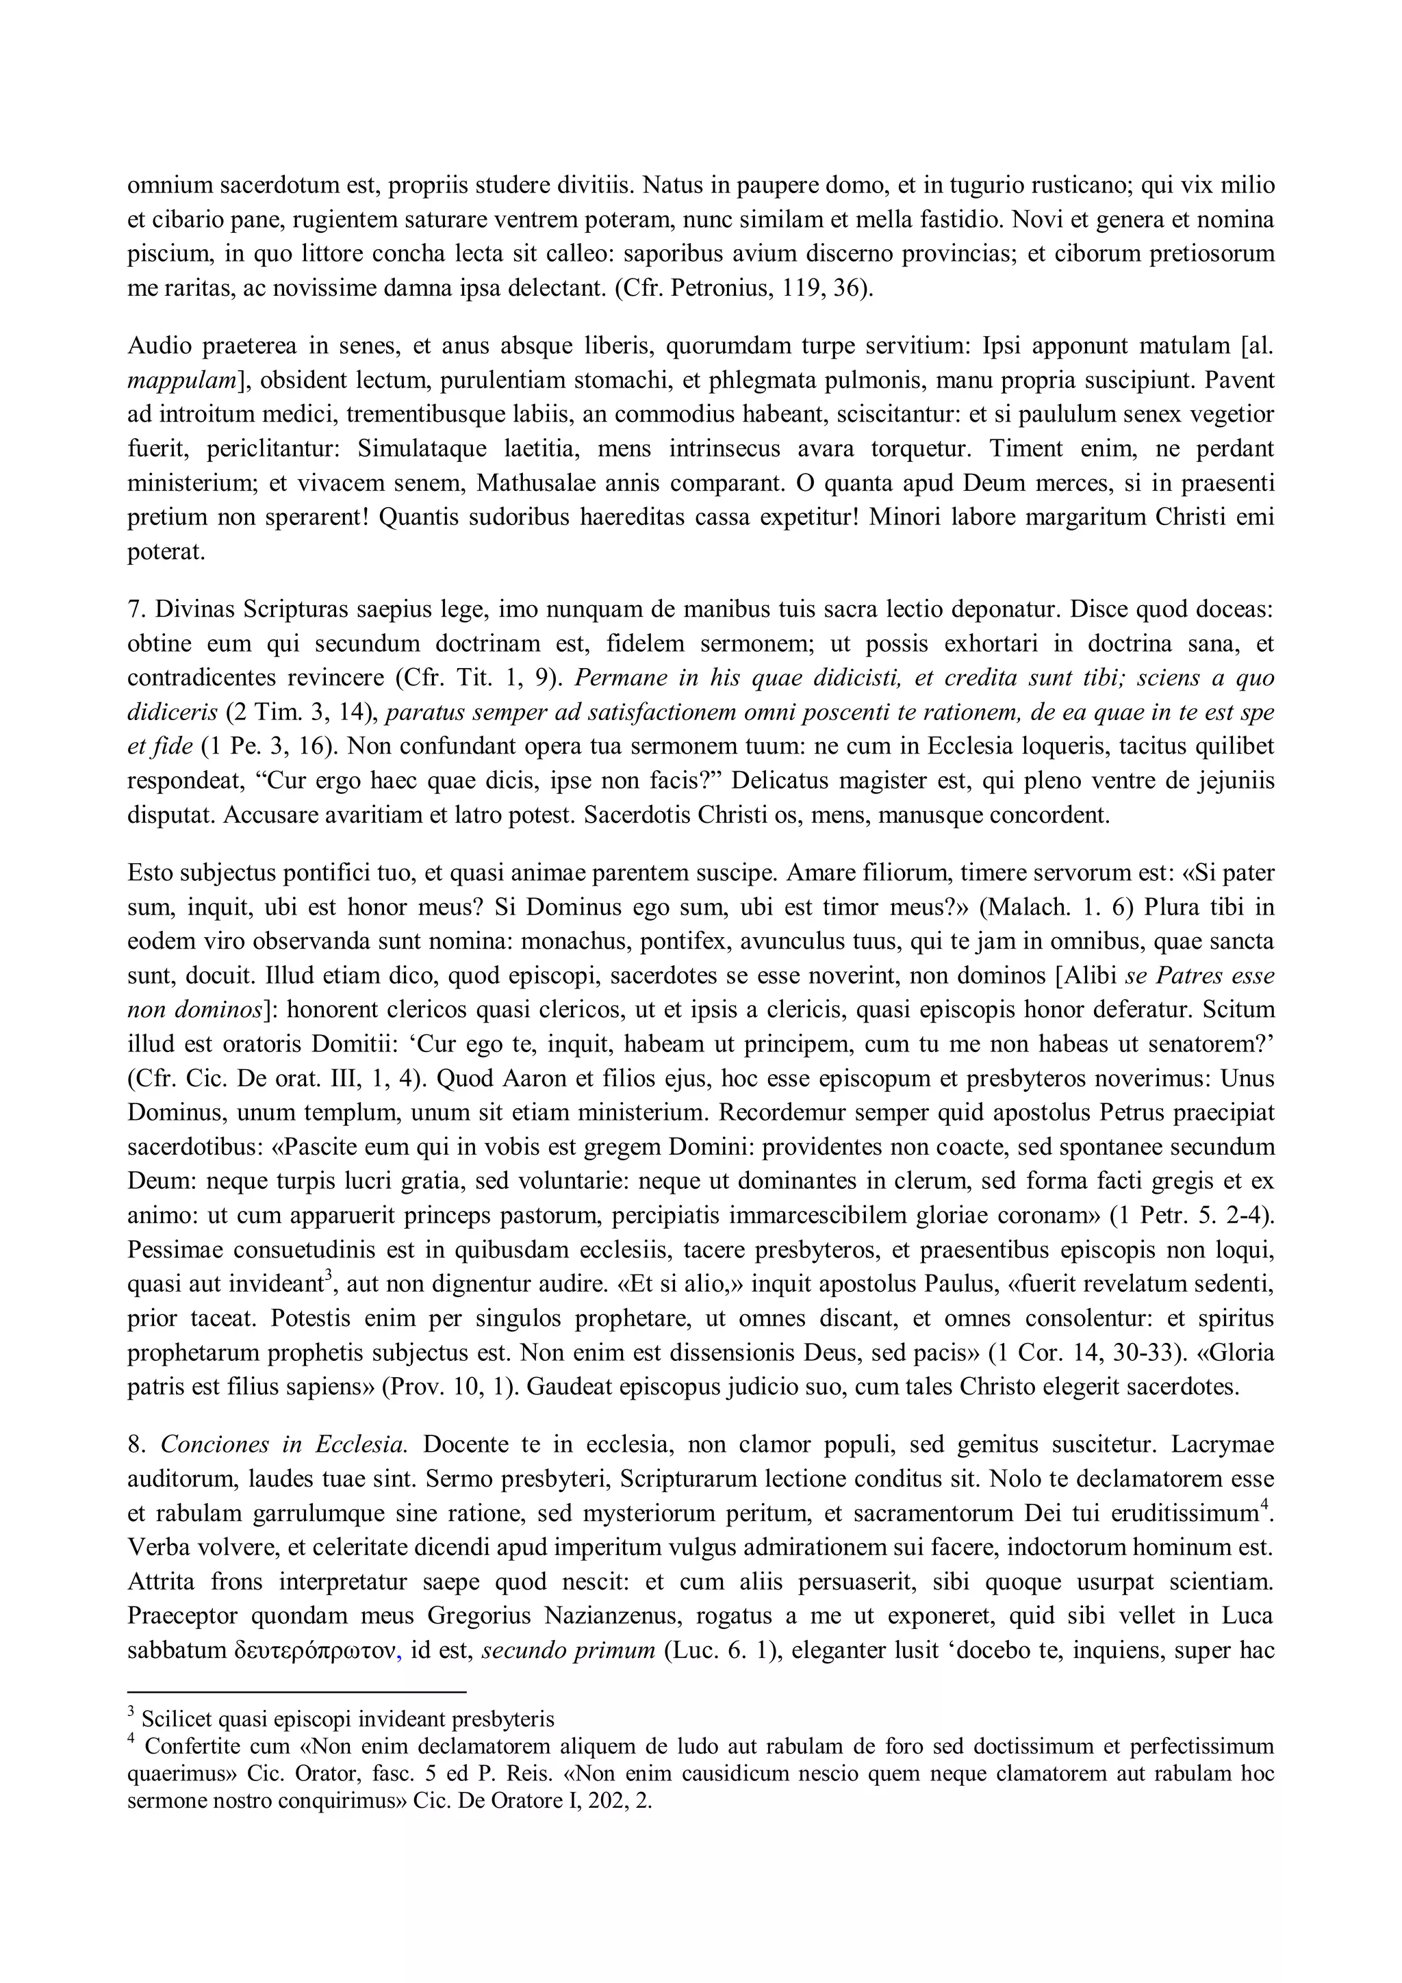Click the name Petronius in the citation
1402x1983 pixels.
[x=717, y=288]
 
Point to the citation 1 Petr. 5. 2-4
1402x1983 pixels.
[x=1188, y=1216]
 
